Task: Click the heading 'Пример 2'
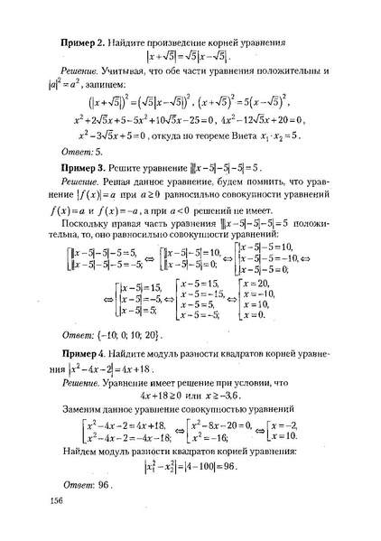tap(87, 42)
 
